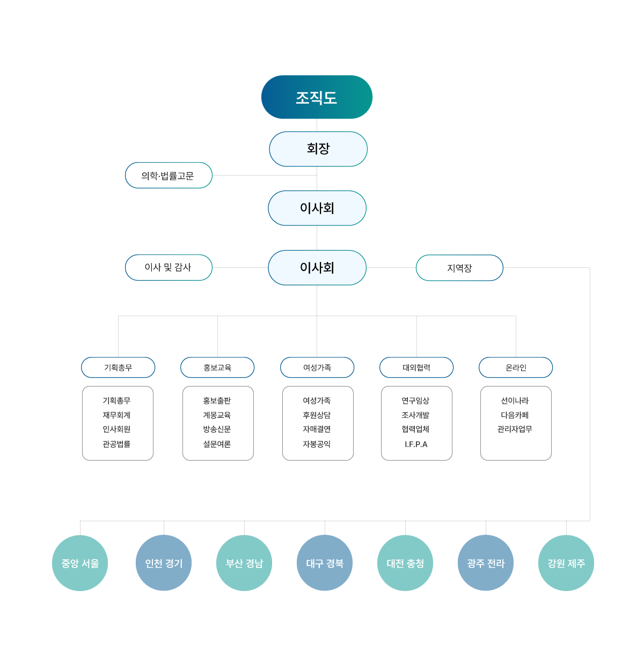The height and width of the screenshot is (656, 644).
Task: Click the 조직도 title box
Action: [317, 97]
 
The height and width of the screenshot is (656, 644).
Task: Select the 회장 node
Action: [318, 149]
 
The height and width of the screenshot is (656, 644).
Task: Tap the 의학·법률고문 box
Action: [169, 176]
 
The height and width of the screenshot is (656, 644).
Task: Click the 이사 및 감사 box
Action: [169, 267]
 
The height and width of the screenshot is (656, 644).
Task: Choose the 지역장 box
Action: [459, 268]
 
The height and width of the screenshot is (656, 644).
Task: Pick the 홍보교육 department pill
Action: [217, 367]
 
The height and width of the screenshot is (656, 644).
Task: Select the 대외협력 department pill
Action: [416, 367]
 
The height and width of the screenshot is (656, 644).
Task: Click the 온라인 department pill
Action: [516, 367]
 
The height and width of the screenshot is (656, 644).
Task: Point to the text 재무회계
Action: [116, 415]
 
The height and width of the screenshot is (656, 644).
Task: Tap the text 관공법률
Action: [116, 444]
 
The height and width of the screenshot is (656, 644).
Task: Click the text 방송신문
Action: [217, 429]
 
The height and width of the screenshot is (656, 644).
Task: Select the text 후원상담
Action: [317, 415]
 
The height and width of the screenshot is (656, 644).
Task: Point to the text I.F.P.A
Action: [416, 444]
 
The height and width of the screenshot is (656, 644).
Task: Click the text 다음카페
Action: [515, 415]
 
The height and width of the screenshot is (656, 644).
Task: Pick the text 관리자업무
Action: [515, 429]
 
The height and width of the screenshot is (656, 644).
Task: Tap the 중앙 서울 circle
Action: [80, 563]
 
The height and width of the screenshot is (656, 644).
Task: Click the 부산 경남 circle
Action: [244, 563]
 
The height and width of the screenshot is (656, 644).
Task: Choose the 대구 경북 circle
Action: [325, 563]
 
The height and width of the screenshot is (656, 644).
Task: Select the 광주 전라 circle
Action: [486, 563]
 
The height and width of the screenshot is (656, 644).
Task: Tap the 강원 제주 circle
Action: [566, 563]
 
